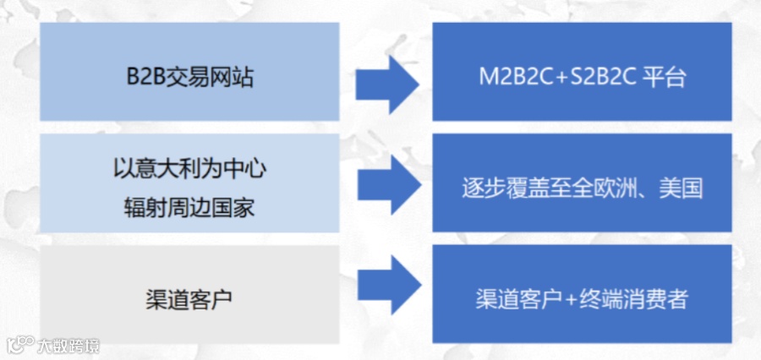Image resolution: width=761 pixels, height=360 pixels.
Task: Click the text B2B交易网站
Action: (x=189, y=79)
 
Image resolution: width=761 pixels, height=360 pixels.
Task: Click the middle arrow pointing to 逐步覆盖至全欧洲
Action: (x=386, y=183)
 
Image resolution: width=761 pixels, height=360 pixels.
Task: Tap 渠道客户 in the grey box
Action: (x=189, y=298)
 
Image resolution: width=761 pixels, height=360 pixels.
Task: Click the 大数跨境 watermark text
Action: (x=68, y=345)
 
